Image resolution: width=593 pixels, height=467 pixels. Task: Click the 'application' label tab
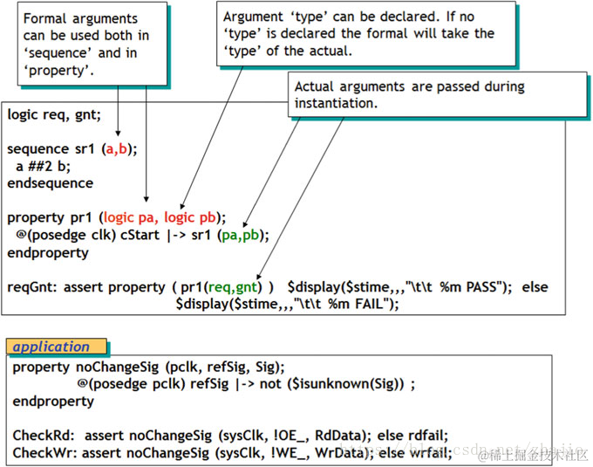click(x=52, y=347)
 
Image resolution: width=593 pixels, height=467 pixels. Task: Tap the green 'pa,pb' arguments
click(x=246, y=235)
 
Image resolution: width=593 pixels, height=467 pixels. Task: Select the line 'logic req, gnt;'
click(x=54, y=115)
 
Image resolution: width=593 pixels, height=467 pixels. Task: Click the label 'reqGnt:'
click(x=32, y=287)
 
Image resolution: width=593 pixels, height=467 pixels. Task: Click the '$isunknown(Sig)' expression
click(x=357, y=384)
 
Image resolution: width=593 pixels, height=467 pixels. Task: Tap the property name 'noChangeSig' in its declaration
click(x=101, y=367)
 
